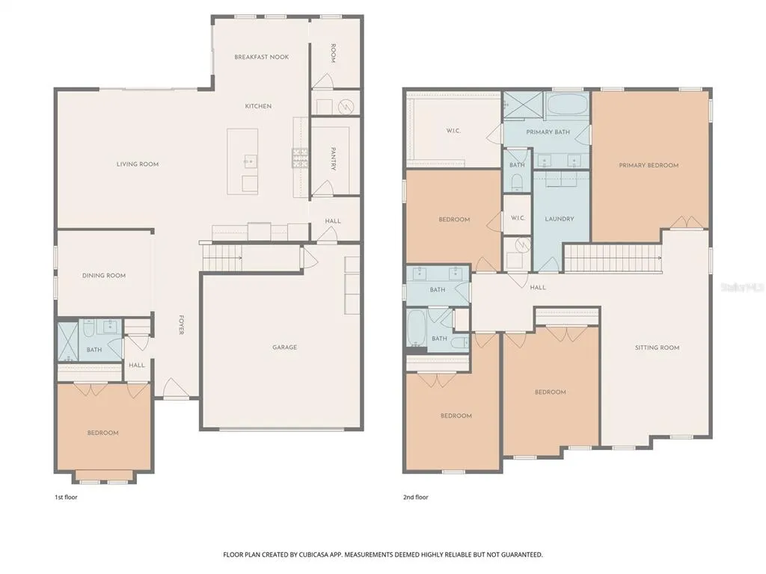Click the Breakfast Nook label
click(x=261, y=57)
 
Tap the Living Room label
click(x=138, y=164)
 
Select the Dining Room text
click(x=104, y=276)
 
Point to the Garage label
click(x=285, y=348)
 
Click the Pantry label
click(x=333, y=158)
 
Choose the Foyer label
click(x=181, y=324)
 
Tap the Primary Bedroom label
click(x=649, y=165)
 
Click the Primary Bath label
click(x=548, y=132)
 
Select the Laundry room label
click(x=560, y=219)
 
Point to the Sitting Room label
click(x=657, y=348)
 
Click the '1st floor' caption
click(x=66, y=497)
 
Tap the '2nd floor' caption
click(x=416, y=497)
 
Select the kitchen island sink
click(x=250, y=161)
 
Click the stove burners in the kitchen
click(x=300, y=158)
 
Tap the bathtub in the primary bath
click(x=567, y=104)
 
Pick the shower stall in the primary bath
click(x=523, y=105)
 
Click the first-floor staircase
click(x=222, y=257)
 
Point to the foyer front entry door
click(x=174, y=389)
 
